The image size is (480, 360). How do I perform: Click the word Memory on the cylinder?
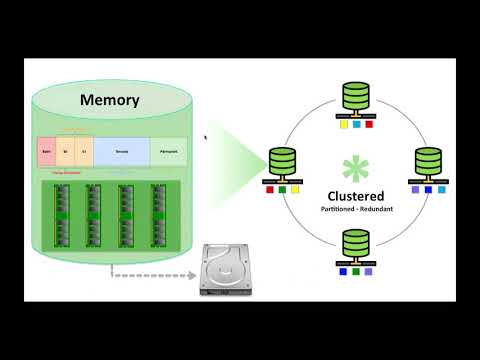[x=109, y=101]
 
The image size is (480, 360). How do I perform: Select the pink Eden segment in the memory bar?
[x=46, y=151]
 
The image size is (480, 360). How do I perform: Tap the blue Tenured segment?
[x=122, y=151]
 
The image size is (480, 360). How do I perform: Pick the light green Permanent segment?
[x=168, y=151]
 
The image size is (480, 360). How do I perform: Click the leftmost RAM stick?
[x=60, y=212]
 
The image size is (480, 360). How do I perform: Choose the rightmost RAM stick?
[x=159, y=212]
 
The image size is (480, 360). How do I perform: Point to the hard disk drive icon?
[x=229, y=270]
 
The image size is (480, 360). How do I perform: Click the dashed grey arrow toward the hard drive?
[x=150, y=271]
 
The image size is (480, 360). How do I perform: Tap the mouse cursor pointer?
[x=206, y=138]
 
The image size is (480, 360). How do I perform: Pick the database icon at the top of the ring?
[x=355, y=96]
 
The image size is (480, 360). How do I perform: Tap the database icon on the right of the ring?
[x=427, y=161]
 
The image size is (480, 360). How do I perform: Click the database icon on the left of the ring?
[x=283, y=161]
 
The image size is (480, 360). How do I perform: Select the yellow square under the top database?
[x=343, y=125]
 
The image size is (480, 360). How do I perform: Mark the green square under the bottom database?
[x=355, y=271]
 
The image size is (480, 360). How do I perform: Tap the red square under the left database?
[x=271, y=189]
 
